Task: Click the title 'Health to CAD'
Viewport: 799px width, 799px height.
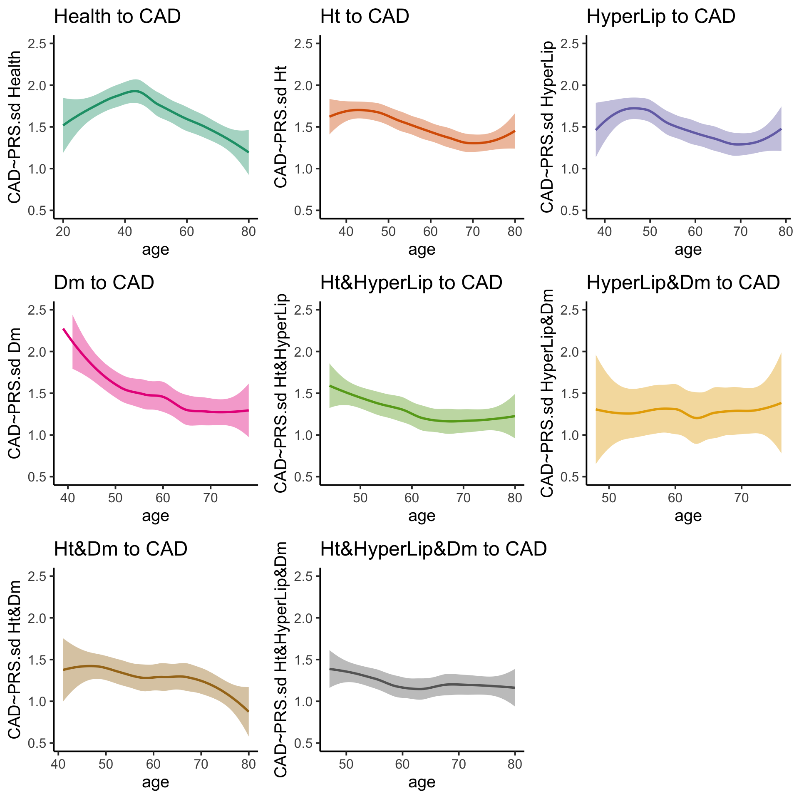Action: (117, 17)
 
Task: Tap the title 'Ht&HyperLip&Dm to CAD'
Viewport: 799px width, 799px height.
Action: (433, 549)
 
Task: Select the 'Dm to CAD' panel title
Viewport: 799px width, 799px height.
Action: (104, 283)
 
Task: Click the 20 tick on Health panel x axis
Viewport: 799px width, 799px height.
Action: (63, 231)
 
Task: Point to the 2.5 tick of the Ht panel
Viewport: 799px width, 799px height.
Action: (303, 44)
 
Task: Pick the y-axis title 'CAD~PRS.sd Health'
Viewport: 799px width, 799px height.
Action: (15, 127)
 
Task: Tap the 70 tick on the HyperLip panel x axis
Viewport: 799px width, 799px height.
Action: (740, 231)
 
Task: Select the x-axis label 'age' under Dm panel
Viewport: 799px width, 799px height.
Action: (155, 516)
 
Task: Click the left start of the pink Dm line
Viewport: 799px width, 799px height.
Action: (63, 329)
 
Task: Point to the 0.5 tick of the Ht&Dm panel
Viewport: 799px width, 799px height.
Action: (37, 743)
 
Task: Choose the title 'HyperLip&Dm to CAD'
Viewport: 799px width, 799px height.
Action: (683, 283)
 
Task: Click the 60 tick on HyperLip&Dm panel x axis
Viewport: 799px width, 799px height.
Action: (675, 498)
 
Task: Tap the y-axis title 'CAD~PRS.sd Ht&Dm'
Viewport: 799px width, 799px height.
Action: (15, 660)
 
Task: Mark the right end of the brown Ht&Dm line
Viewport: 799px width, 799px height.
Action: (248, 712)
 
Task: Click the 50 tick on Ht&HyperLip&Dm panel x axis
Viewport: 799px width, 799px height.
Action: (346, 764)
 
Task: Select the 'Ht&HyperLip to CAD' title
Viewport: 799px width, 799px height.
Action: (411, 283)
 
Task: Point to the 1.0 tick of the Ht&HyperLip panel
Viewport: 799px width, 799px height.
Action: (303, 435)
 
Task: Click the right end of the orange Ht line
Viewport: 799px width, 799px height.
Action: (515, 131)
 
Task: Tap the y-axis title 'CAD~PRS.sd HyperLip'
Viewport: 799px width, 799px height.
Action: (548, 127)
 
